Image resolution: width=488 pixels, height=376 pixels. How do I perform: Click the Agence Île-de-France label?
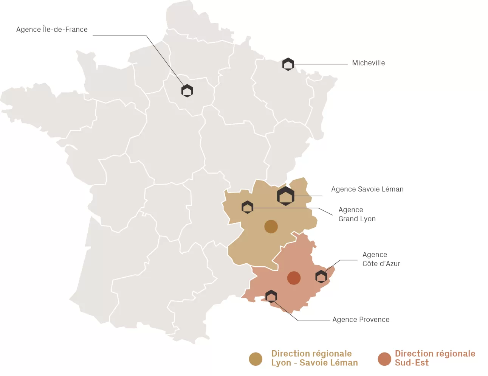pyautogui.click(x=52, y=30)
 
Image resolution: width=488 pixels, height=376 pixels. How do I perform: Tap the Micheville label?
pyautogui.click(x=368, y=63)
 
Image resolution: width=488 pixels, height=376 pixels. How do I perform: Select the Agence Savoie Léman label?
pyautogui.click(x=367, y=189)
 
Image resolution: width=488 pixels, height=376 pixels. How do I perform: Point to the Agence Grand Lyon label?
pyautogui.click(x=356, y=214)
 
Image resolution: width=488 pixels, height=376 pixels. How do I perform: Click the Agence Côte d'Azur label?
pyautogui.click(x=381, y=259)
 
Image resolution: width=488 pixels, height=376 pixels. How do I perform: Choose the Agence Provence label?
pyautogui.click(x=361, y=320)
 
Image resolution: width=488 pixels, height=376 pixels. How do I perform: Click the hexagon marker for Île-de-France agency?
pyautogui.click(x=187, y=91)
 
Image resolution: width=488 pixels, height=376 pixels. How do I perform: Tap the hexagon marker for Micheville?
pyautogui.click(x=288, y=64)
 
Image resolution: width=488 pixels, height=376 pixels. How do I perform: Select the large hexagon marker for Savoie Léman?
pyautogui.click(x=285, y=196)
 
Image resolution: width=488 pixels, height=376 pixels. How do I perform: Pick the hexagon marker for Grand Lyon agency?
pyautogui.click(x=247, y=207)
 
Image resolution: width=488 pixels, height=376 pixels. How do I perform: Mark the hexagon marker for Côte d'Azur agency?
pyautogui.click(x=321, y=277)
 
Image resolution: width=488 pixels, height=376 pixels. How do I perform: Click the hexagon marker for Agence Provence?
pyautogui.click(x=271, y=296)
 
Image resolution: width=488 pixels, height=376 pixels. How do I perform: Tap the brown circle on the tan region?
pyautogui.click(x=271, y=227)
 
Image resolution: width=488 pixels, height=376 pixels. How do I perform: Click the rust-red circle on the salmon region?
pyautogui.click(x=294, y=278)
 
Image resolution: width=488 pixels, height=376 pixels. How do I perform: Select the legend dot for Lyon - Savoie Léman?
pyautogui.click(x=256, y=359)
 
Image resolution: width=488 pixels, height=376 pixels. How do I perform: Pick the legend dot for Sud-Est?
pyautogui.click(x=384, y=359)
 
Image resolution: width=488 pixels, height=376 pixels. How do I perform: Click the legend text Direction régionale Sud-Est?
pyautogui.click(x=435, y=358)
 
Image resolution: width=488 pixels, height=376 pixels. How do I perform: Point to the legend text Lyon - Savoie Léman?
pyautogui.click(x=314, y=363)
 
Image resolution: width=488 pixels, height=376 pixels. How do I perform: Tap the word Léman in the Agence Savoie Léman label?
pyautogui.click(x=393, y=189)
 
